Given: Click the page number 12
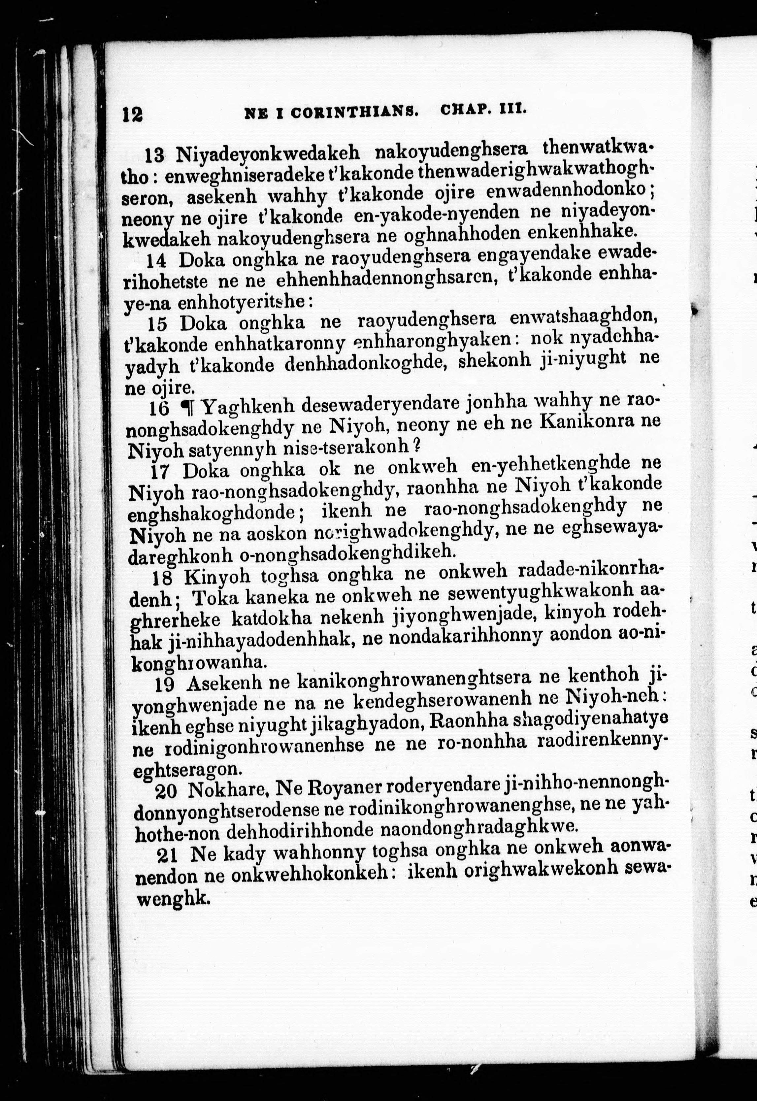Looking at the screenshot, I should tap(132, 114).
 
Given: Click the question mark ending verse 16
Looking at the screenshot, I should tap(417, 445).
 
